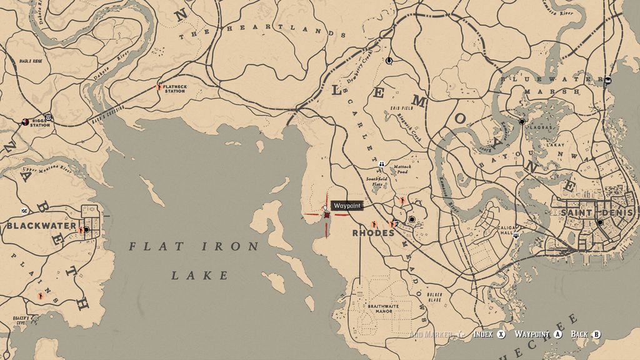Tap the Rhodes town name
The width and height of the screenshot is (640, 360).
pyautogui.click(x=373, y=233)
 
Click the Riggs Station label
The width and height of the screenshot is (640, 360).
pyautogui.click(x=37, y=124)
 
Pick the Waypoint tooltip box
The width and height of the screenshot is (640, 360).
pyautogui.click(x=346, y=206)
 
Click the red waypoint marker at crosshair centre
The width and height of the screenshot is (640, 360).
pyautogui.click(x=326, y=215)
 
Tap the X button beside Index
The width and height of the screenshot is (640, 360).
pyautogui.click(x=501, y=334)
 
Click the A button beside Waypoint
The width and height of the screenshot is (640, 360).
pyautogui.click(x=558, y=334)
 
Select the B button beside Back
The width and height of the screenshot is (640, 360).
pyautogui.click(x=596, y=334)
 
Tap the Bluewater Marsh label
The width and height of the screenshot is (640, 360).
pyautogui.click(x=543, y=86)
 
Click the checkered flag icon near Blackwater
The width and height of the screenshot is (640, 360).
pyautogui.click(x=24, y=211)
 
